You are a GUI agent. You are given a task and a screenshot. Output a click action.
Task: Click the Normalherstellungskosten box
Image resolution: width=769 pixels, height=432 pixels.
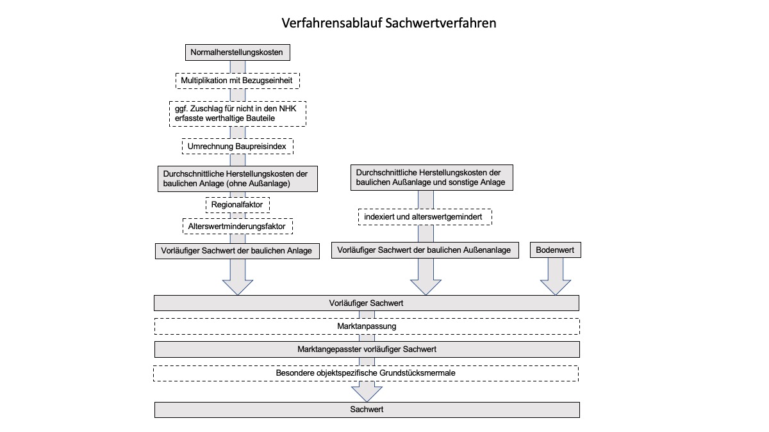tap(238, 52)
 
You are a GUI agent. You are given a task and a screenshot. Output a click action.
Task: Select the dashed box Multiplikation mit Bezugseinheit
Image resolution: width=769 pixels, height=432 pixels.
tap(238, 81)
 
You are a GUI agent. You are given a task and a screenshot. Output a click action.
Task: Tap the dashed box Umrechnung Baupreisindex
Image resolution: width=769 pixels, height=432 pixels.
tap(238, 147)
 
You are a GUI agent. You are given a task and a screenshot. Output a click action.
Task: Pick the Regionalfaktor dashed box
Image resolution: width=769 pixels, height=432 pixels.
tap(238, 205)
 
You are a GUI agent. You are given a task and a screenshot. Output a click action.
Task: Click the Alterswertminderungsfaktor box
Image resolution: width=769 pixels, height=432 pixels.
tap(238, 227)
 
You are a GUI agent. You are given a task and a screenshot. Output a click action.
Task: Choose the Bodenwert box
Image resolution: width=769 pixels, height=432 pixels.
tap(556, 250)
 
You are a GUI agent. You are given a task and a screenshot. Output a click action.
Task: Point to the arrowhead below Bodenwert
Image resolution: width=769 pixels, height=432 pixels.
tap(556, 287)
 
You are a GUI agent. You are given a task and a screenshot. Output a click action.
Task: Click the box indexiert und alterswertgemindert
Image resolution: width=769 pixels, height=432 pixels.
tap(425, 217)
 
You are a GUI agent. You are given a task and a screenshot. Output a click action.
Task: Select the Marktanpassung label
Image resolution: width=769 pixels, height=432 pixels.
tap(367, 326)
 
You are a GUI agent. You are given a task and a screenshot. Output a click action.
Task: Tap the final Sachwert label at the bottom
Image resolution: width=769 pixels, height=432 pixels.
tap(367, 409)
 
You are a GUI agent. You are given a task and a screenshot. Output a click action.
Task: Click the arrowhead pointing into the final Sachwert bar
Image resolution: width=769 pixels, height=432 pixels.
tap(367, 394)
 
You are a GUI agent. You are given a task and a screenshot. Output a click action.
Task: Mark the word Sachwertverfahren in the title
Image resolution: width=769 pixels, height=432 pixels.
tap(441, 23)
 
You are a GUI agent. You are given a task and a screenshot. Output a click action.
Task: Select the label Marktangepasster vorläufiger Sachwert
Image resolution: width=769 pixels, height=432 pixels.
tap(367, 349)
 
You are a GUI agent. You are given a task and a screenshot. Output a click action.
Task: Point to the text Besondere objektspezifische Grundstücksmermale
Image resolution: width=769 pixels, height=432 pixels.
tap(366, 373)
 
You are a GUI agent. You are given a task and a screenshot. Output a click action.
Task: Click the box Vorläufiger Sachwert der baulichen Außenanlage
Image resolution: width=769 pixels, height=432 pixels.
tap(425, 250)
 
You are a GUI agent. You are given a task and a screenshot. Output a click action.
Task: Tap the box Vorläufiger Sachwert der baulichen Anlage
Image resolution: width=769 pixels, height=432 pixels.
tap(237, 251)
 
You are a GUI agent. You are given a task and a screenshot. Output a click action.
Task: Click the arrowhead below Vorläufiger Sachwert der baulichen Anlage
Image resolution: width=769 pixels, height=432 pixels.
tap(238, 287)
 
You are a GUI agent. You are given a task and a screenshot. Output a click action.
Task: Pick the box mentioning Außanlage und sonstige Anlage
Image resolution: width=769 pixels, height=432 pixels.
tap(432, 178)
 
